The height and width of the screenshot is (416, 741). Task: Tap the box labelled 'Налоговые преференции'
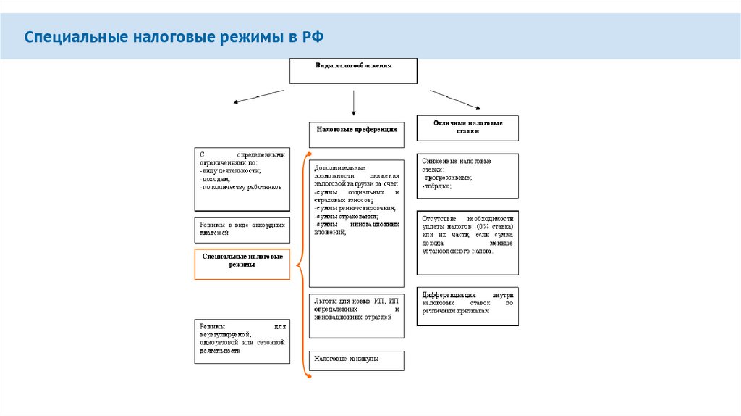pyautogui.click(x=357, y=130)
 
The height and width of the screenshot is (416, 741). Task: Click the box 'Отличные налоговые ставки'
pyautogui.click(x=468, y=128)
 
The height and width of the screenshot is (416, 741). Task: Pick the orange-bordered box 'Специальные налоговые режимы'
pyautogui.click(x=242, y=264)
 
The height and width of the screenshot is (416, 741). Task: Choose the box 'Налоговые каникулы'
pyautogui.click(x=357, y=361)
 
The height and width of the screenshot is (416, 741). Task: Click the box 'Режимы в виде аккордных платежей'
pyautogui.click(x=242, y=230)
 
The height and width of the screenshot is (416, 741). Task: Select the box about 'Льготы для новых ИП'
pyautogui.click(x=357, y=315)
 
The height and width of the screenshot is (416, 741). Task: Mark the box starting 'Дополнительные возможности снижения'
pyautogui.click(x=357, y=222)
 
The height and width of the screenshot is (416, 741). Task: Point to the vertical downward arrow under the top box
pyautogui.click(x=353, y=103)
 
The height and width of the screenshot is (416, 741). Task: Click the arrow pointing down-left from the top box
pyautogui.click(x=258, y=97)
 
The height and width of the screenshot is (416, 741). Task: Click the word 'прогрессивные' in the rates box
pyautogui.click(x=449, y=177)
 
